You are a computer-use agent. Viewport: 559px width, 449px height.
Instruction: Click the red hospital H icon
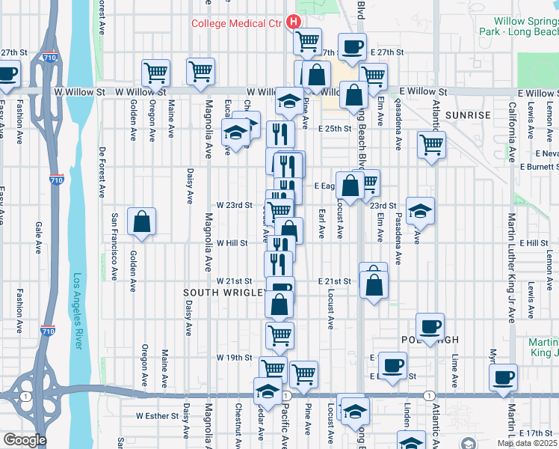293,22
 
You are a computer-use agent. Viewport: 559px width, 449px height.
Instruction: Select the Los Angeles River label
78,311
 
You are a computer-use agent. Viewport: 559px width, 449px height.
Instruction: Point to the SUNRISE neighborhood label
468,115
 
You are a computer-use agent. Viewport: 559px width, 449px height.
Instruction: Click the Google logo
24,441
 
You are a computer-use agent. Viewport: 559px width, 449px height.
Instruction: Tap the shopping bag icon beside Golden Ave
141,222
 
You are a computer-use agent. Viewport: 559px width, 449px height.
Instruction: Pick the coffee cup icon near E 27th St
351,47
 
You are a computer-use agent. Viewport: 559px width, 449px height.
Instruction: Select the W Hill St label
232,243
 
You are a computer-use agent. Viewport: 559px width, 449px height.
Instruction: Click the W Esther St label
158,415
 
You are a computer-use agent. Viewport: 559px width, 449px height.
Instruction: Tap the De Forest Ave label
102,171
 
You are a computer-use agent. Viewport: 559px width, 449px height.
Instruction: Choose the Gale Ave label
37,236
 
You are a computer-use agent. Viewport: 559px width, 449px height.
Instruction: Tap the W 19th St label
235,358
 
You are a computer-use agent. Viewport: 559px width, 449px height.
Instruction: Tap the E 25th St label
334,129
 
